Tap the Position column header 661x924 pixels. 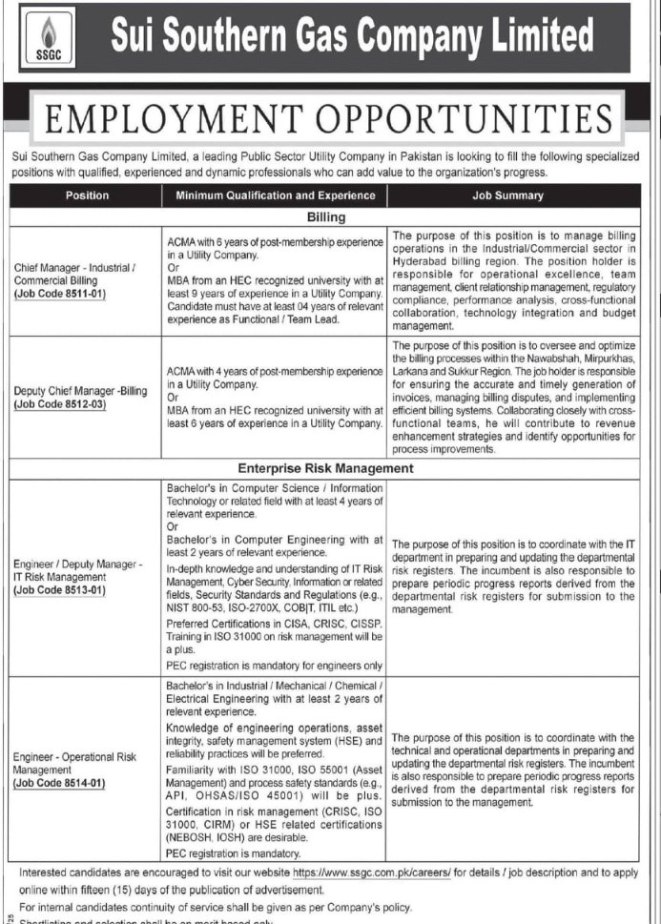click(x=87, y=195)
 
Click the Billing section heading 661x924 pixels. click(x=326, y=217)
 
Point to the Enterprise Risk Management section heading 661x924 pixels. click(x=326, y=469)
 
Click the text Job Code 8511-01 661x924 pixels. click(x=72, y=295)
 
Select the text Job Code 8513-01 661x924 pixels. click(x=72, y=590)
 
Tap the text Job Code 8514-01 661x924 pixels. click(x=72, y=784)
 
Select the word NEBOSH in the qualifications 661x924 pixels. click(x=190, y=838)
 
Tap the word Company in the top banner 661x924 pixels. click(x=434, y=37)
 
